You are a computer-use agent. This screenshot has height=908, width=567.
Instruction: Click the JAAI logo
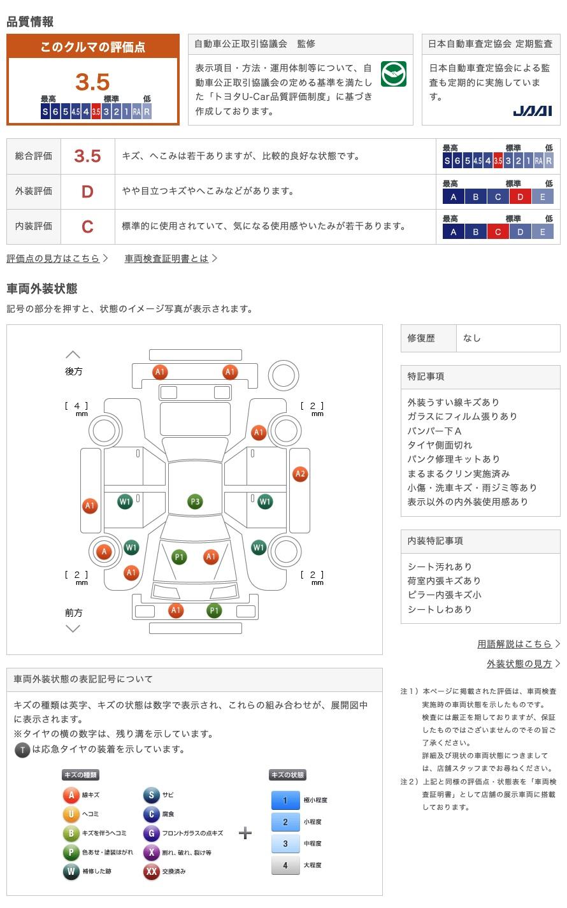pos(532,112)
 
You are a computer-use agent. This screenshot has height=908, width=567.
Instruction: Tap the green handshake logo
pos(393,75)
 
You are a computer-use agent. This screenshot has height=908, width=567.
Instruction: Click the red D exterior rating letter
pos(87,191)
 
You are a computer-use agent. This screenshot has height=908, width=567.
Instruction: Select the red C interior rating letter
pos(87,226)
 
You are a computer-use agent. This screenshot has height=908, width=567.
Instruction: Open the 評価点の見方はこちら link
pos(54,258)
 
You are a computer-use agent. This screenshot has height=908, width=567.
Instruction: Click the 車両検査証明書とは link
pos(167,258)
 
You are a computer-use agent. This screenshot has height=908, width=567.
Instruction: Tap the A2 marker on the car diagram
pos(300,473)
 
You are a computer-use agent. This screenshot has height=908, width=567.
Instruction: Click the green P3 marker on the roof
pos(195,502)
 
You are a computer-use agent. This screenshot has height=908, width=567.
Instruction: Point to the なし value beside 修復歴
pos(472,338)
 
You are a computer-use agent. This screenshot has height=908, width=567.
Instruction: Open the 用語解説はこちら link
pos(514,644)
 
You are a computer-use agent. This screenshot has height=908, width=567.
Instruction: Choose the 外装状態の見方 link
pos(519,663)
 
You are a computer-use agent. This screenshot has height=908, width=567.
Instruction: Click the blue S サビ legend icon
pos(151,795)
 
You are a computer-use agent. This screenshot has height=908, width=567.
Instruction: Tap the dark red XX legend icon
pos(151,871)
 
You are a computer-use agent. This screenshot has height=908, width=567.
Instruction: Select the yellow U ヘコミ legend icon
pos(71,814)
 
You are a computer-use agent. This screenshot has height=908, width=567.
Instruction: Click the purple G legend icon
pos(151,833)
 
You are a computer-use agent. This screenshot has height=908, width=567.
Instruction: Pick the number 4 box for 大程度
pos(285,865)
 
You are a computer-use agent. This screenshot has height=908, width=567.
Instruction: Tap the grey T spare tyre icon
pos(22,750)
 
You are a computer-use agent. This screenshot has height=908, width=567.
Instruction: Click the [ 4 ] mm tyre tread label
pos(77,406)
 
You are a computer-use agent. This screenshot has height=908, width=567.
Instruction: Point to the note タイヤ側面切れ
pos(440,445)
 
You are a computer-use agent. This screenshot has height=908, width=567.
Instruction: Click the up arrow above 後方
pos(73,354)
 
